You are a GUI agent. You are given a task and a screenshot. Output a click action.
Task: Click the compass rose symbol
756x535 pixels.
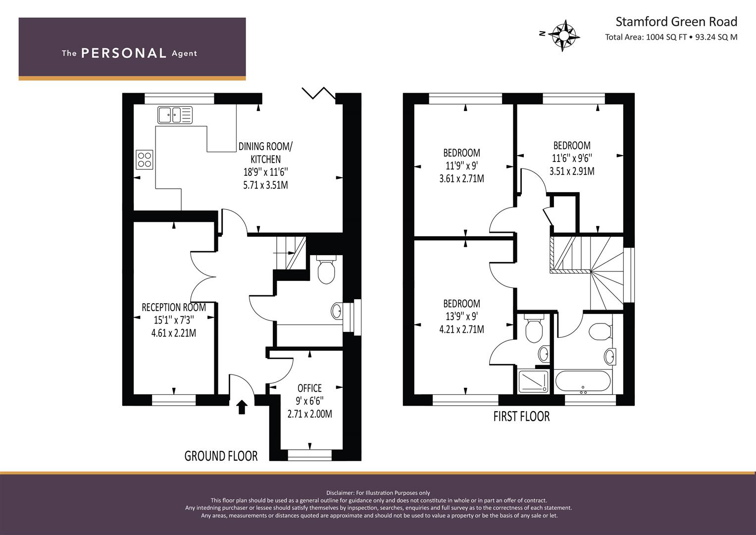click(x=563, y=36)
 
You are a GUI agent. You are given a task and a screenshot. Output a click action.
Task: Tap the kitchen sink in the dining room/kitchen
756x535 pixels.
click(x=175, y=115)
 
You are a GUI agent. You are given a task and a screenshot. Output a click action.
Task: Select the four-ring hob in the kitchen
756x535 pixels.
click(x=145, y=160)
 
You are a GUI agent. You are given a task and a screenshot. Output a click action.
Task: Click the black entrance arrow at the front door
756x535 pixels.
click(x=242, y=407)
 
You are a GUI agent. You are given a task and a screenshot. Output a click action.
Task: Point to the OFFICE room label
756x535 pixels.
click(x=309, y=388)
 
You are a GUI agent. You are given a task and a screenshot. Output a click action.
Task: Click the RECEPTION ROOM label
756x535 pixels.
click(x=174, y=307)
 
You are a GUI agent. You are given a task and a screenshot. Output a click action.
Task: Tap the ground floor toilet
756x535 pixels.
click(x=326, y=269)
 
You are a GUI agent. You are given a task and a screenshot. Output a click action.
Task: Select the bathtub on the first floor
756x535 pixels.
click(x=583, y=381)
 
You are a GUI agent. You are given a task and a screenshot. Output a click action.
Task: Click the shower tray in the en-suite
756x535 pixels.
click(x=533, y=381)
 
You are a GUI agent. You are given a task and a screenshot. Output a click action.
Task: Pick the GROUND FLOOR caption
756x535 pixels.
click(x=221, y=456)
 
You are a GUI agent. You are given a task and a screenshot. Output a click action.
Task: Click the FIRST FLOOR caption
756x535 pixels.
click(x=521, y=417)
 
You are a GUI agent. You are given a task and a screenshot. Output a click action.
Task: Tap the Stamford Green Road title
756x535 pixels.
click(x=676, y=22)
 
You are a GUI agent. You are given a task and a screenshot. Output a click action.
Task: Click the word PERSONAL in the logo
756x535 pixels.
click(x=124, y=53)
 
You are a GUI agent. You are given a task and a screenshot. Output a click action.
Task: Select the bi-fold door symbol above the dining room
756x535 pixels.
click(x=319, y=93)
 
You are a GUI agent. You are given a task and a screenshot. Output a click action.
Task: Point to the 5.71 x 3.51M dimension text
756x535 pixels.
click(x=265, y=185)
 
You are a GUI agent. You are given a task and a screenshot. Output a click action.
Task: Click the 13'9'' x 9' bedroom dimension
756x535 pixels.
click(x=462, y=316)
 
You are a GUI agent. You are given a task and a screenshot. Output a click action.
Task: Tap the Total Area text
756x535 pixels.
click(x=671, y=37)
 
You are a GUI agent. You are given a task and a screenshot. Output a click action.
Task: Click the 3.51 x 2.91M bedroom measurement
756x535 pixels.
click(x=572, y=171)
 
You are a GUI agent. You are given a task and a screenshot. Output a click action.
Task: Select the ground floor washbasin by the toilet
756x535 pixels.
click(x=336, y=311)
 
